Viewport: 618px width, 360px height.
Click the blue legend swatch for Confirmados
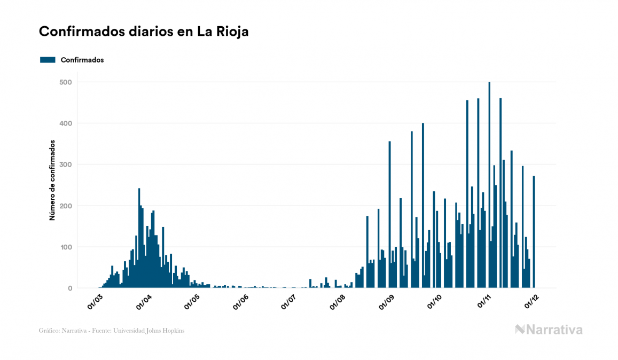48,60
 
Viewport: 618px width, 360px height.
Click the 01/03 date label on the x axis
95,301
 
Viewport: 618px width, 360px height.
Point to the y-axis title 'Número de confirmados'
52,181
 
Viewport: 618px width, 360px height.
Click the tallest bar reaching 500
489,185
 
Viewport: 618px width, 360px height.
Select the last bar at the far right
534,232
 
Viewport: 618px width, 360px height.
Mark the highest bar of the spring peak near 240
139,238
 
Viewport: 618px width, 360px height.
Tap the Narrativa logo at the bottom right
549,330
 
